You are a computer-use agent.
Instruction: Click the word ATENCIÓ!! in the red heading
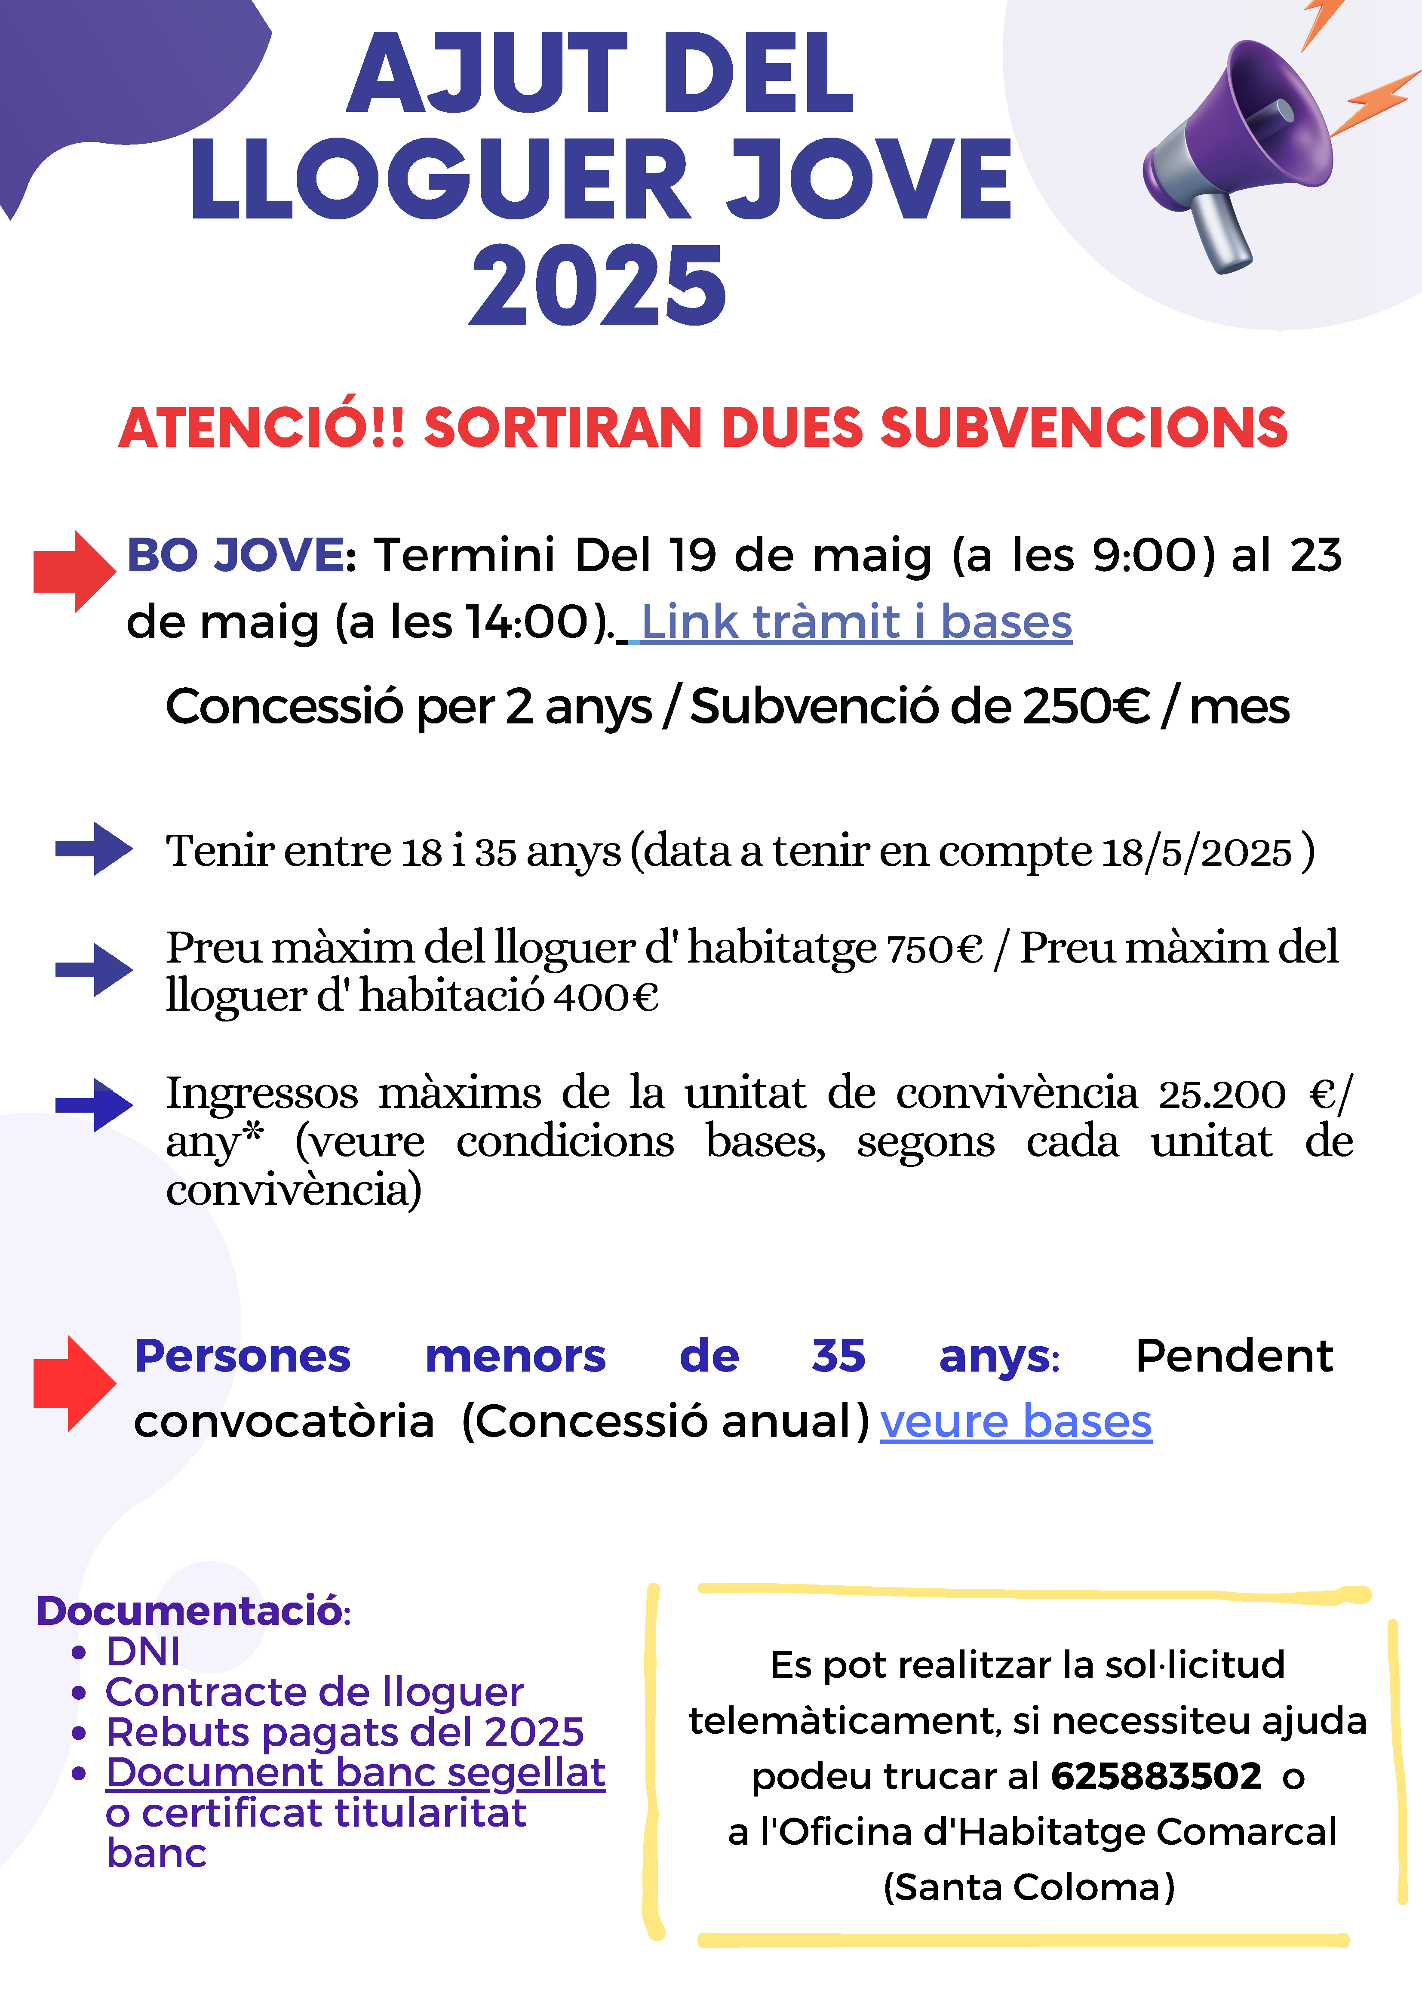pyautogui.click(x=261, y=428)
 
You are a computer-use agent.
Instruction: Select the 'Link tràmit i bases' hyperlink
pyautogui.click(x=856, y=622)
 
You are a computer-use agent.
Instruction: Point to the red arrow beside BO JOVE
pyautogui.click(x=74, y=571)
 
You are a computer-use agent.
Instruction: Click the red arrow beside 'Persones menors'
pyautogui.click(x=74, y=1383)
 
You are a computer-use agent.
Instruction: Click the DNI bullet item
pyautogui.click(x=143, y=1652)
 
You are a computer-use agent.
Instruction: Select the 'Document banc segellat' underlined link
pyautogui.click(x=355, y=1773)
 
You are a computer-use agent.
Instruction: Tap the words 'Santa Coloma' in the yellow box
pyautogui.click(x=1029, y=1887)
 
